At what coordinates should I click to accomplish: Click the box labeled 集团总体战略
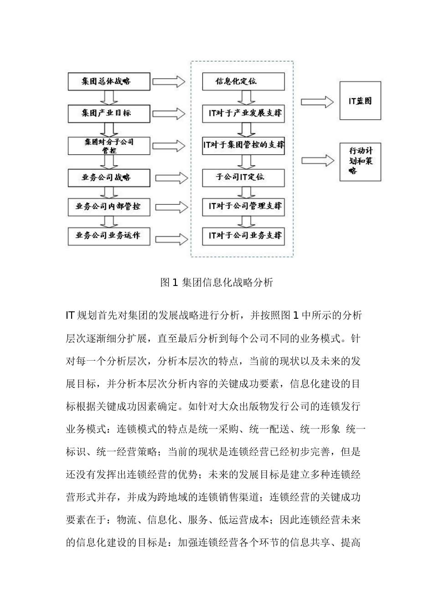[x=108, y=81]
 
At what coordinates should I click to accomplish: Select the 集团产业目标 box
[x=108, y=113]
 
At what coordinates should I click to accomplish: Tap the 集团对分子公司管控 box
[x=108, y=146]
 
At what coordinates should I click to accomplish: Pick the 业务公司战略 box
[x=108, y=178]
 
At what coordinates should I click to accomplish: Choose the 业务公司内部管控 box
[x=108, y=206]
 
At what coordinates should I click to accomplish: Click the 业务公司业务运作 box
[x=108, y=236]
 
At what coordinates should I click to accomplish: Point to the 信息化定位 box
[x=243, y=81]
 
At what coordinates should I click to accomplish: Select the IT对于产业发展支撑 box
[x=243, y=113]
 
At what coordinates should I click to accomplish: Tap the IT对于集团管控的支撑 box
[x=243, y=145]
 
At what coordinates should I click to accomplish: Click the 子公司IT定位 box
[x=243, y=177]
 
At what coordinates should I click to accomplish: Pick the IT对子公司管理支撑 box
[x=243, y=206]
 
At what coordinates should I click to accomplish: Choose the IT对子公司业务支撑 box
[x=243, y=236]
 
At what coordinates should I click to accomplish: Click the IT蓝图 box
[x=360, y=101]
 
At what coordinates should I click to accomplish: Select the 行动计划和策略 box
[x=360, y=162]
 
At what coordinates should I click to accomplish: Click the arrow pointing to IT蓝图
[x=318, y=101]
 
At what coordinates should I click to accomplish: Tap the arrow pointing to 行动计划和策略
[x=318, y=160]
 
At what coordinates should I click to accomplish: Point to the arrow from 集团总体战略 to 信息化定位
[x=169, y=82]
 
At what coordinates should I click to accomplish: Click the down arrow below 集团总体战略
[x=108, y=97]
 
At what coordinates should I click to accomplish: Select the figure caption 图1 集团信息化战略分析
[x=217, y=283]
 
